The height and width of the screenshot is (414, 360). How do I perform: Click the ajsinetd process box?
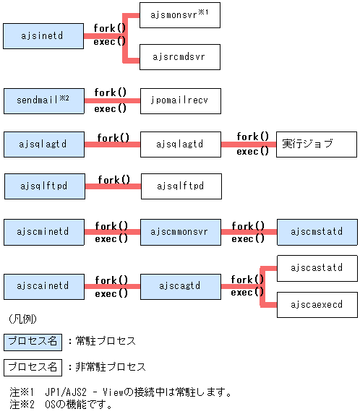[43, 35]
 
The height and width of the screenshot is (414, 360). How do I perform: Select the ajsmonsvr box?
[180, 14]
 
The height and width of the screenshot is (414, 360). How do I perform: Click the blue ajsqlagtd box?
[43, 145]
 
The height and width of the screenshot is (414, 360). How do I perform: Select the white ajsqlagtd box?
[180, 145]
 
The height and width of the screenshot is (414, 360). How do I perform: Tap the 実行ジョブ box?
[317, 145]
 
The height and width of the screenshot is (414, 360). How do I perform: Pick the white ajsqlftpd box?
[180, 186]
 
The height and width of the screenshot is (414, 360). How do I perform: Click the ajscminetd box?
[43, 232]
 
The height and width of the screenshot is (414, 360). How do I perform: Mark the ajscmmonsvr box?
[180, 232]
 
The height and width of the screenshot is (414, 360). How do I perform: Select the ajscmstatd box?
[317, 232]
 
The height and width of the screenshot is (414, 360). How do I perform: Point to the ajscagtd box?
[180, 285]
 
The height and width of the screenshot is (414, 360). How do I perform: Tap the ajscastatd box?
[317, 268]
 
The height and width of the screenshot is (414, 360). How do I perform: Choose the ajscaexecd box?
[317, 305]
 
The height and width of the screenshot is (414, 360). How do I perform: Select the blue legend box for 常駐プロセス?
[32, 341]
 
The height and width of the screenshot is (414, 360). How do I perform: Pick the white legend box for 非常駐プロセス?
[32, 367]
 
